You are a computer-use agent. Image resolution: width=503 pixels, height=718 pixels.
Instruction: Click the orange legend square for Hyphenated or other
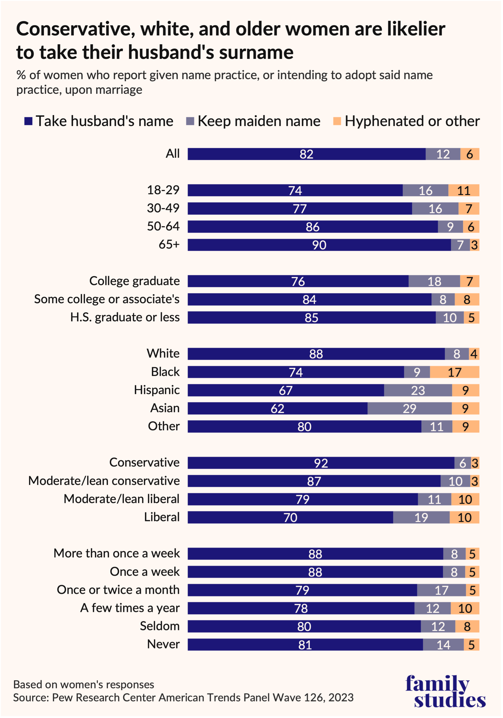tap(337, 121)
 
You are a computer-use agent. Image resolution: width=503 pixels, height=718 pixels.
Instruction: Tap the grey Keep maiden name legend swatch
tap(190, 121)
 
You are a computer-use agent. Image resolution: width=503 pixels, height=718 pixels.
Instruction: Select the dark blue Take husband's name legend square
tap(29, 121)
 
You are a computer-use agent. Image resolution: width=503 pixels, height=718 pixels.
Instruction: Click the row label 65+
tap(169, 245)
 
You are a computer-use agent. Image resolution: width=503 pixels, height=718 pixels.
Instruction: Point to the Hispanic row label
tap(157, 390)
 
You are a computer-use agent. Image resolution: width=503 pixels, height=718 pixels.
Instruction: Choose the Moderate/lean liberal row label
tap(121, 499)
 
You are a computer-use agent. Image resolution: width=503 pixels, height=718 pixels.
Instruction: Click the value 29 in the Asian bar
tap(409, 408)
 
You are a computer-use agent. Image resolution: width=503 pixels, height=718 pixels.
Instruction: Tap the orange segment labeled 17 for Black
tap(454, 372)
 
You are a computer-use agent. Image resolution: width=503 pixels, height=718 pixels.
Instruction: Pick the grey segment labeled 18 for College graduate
tap(434, 281)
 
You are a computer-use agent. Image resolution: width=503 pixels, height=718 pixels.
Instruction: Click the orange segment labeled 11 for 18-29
tap(464, 190)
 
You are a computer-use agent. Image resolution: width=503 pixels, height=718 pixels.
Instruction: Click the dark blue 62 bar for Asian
tap(277, 408)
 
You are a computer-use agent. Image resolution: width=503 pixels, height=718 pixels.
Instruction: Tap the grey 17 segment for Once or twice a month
tap(441, 590)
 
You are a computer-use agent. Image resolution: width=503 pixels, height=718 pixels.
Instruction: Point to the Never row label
tap(163, 644)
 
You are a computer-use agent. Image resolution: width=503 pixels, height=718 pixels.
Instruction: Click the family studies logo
tap(445, 691)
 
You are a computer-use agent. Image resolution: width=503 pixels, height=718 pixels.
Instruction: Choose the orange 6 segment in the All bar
tap(469, 154)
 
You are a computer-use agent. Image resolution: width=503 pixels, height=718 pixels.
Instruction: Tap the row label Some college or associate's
tap(107, 299)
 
